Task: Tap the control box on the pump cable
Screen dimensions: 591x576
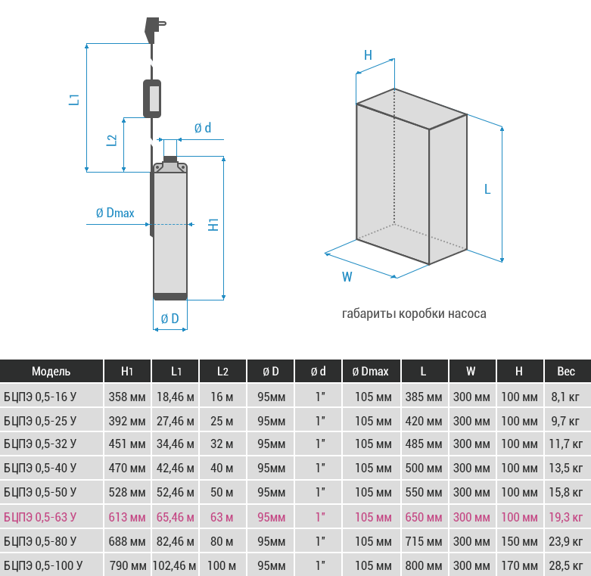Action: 152,98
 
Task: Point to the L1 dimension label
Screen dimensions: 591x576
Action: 74,99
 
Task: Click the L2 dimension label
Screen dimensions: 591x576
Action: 111,140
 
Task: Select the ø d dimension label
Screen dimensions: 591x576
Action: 203,128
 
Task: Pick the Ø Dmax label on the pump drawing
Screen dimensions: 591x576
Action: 115,213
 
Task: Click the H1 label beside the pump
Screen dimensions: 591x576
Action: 213,225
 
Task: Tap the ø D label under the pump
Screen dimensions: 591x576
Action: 170,319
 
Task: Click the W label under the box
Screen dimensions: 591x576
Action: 347,277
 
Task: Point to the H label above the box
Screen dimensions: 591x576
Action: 369,55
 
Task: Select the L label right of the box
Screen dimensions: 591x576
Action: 487,189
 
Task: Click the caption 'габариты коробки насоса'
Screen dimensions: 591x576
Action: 414,313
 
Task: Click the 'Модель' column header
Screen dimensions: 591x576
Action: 51,372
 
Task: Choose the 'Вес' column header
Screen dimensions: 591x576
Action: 566,372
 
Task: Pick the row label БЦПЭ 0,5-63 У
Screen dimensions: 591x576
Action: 40,517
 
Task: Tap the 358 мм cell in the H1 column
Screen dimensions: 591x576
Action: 127,397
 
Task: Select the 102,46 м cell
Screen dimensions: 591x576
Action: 175,565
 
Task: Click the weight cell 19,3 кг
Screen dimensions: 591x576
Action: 566,517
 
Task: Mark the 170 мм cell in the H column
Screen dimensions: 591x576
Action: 519,565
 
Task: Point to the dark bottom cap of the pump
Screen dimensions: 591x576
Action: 170,297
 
